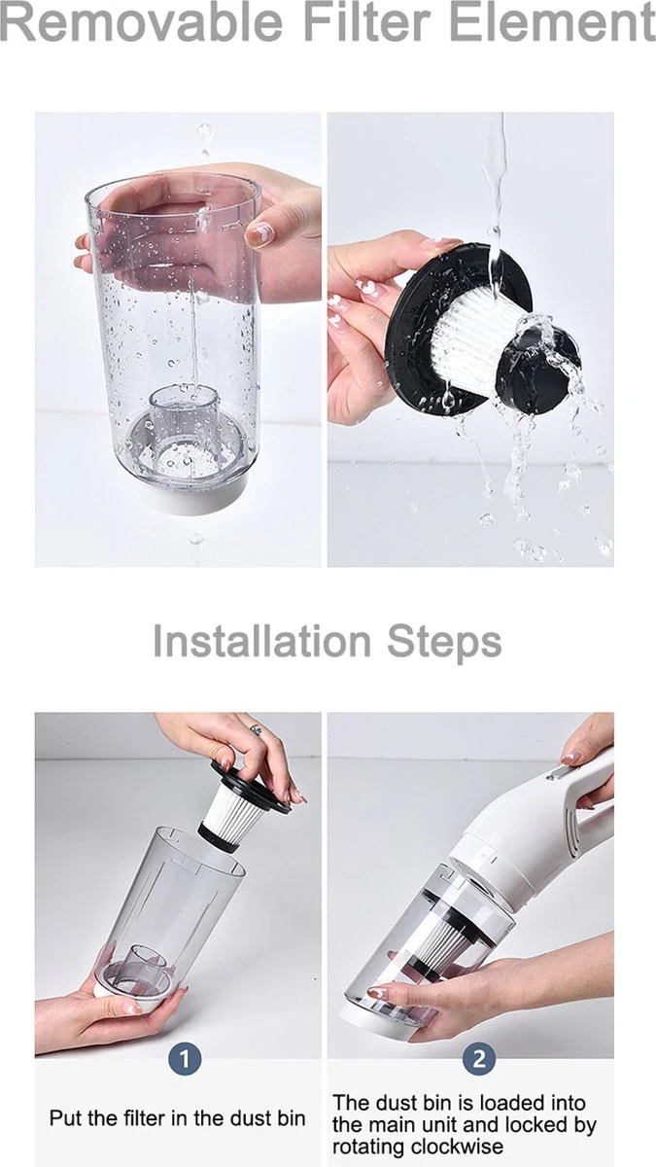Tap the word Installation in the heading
click(261, 642)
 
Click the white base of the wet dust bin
click(192, 498)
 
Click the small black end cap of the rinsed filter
click(537, 370)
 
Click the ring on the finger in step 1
click(256, 728)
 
